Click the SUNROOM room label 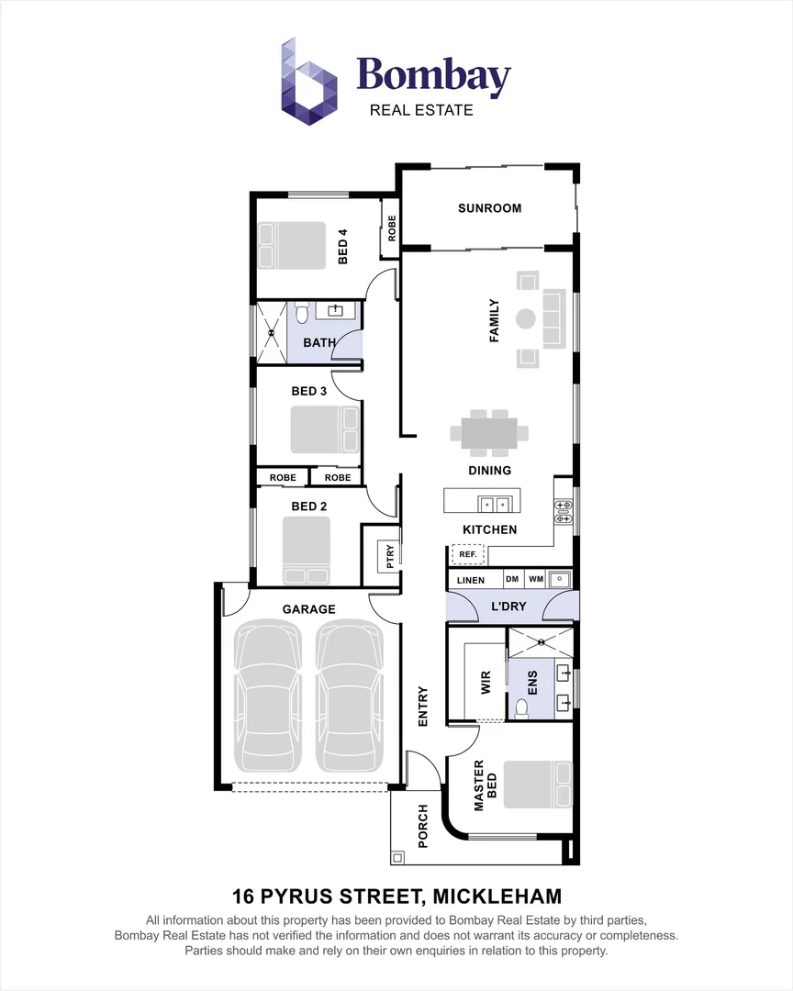click(x=489, y=208)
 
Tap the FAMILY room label click(x=494, y=320)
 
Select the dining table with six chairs click(x=489, y=433)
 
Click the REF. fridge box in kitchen click(x=467, y=554)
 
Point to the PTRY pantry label click(x=389, y=556)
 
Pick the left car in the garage click(x=267, y=696)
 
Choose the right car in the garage click(x=350, y=696)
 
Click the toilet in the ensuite click(x=522, y=708)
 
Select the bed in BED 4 click(x=292, y=246)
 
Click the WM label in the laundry click(x=536, y=579)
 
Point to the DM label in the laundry click(x=512, y=579)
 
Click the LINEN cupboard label click(x=471, y=580)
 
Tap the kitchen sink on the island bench click(x=494, y=504)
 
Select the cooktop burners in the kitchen click(x=563, y=512)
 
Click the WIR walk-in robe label click(x=486, y=683)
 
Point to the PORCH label click(x=423, y=826)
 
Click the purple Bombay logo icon click(x=308, y=81)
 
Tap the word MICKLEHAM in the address click(x=497, y=896)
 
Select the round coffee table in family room click(x=526, y=319)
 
